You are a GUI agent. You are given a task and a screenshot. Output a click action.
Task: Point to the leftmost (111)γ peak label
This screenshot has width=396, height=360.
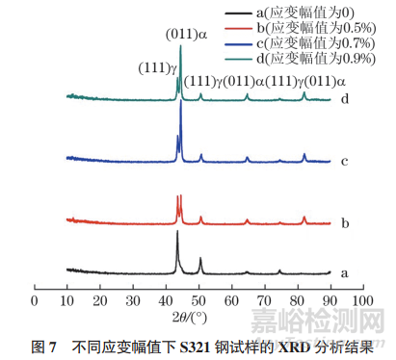coord(156,66)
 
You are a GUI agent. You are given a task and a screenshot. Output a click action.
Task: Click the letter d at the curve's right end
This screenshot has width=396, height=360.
coord(342,98)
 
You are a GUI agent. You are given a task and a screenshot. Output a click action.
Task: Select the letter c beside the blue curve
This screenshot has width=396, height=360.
coord(342,160)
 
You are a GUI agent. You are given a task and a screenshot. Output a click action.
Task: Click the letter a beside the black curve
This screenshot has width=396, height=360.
coord(342,273)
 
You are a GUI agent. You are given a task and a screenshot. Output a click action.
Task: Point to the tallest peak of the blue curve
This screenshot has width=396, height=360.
coord(181,103)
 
